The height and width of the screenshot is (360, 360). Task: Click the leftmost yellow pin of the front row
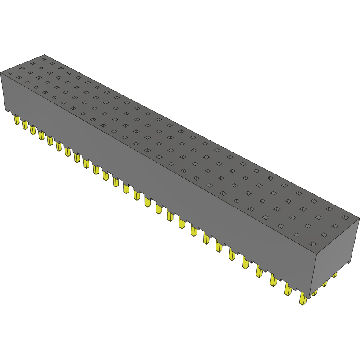(17, 120)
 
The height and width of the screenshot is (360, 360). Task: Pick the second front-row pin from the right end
(288, 289)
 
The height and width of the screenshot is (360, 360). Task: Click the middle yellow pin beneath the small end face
(325, 283)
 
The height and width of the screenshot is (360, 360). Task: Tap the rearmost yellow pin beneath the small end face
(334, 275)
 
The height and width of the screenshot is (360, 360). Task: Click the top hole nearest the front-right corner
(313, 244)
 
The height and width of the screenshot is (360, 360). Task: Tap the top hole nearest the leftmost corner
(10, 72)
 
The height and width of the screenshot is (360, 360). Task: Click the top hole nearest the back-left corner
(44, 58)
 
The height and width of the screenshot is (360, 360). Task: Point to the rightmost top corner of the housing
(359, 218)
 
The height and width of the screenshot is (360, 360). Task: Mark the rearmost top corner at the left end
(43, 54)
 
